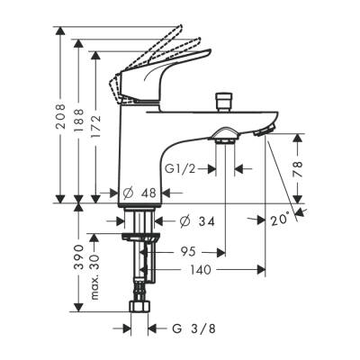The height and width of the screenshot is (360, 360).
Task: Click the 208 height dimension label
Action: (x=61, y=113)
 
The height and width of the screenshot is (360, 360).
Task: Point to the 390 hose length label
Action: (x=78, y=257)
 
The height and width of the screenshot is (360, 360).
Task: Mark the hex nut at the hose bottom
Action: (x=139, y=307)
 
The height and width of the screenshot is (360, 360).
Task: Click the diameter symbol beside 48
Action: (x=128, y=193)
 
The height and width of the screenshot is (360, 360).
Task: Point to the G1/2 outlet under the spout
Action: (x=225, y=137)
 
